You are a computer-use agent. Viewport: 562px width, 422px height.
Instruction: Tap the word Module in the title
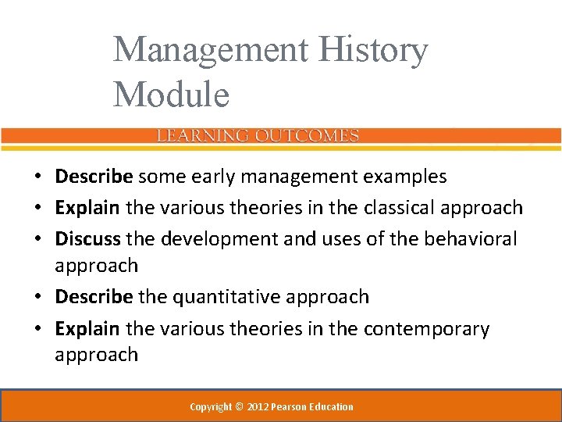(x=171, y=95)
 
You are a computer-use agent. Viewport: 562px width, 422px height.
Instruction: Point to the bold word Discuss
(x=88, y=238)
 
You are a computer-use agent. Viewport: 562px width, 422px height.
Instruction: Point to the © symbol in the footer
(x=240, y=406)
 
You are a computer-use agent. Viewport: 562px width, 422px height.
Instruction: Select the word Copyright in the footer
(x=211, y=406)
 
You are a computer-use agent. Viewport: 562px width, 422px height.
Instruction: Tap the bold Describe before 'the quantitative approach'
(x=94, y=297)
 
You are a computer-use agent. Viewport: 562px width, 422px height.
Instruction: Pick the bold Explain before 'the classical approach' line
(x=87, y=207)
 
